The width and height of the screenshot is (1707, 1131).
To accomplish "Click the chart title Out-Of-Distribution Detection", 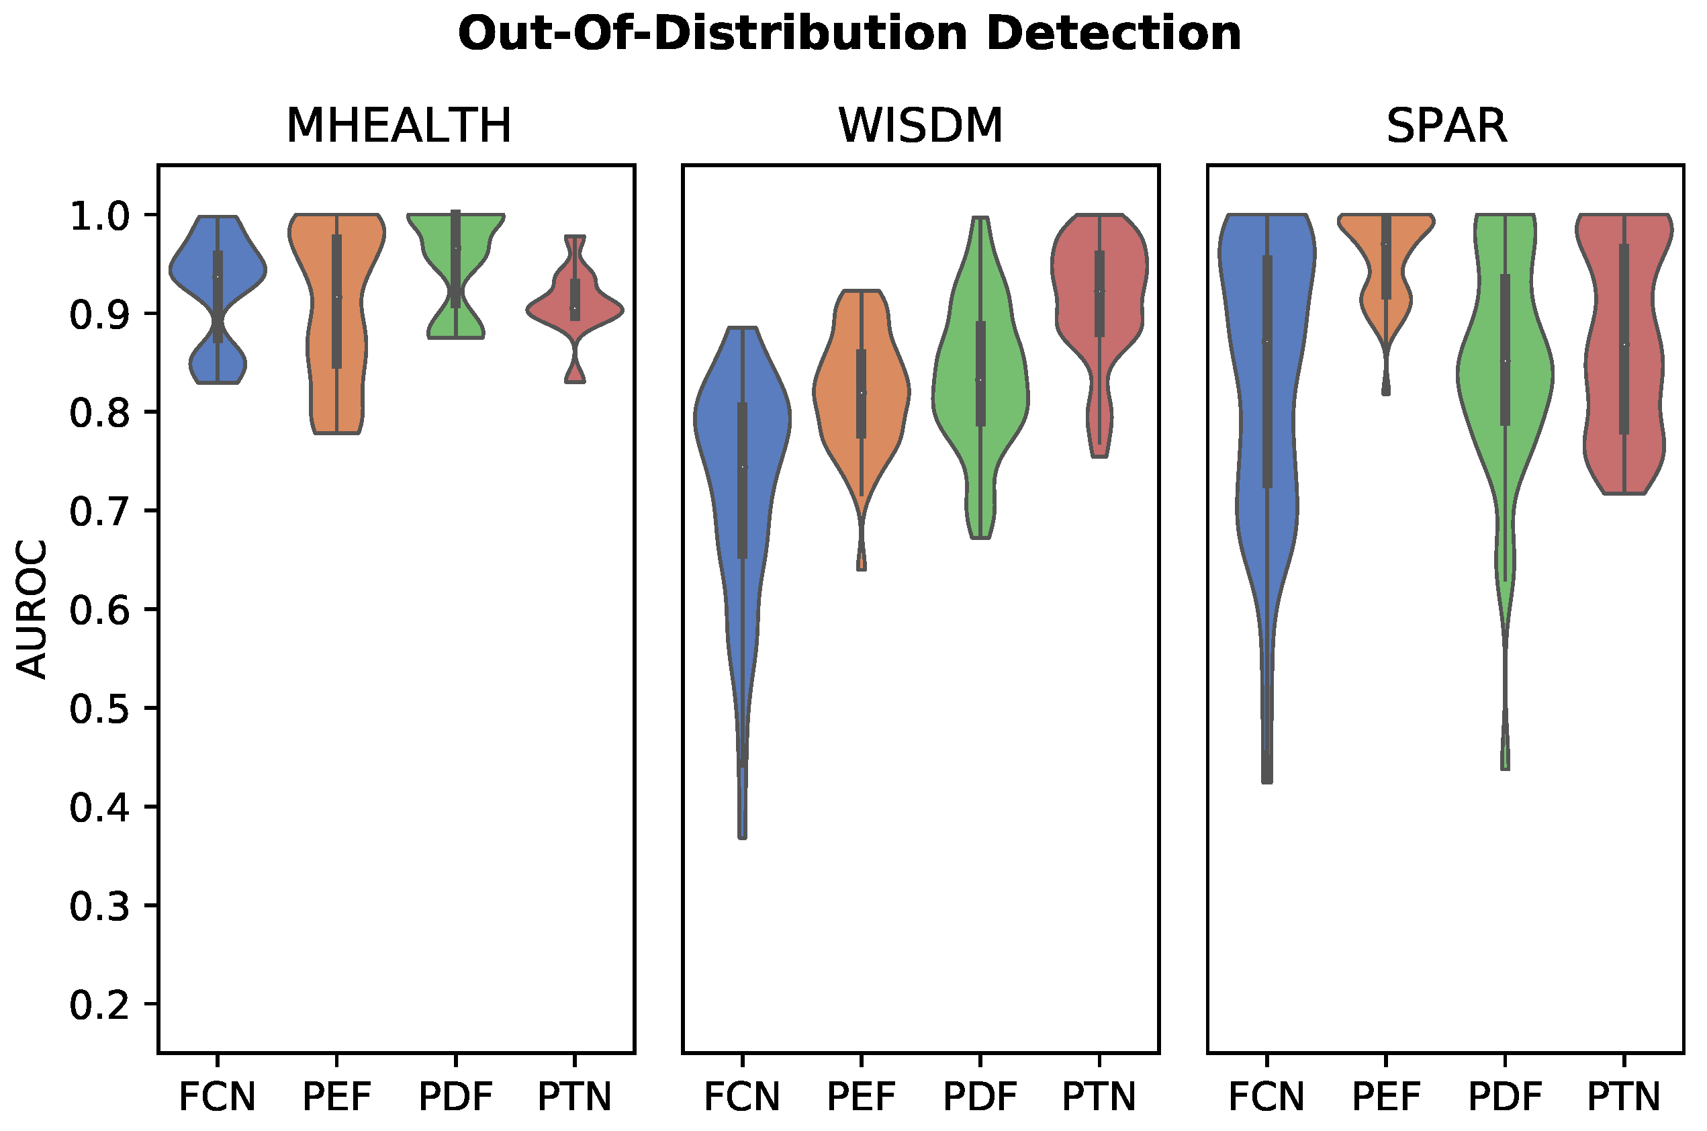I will (x=849, y=34).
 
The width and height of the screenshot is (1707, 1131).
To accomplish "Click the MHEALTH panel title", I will (x=399, y=126).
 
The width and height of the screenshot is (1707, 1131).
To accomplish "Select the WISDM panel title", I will (x=921, y=126).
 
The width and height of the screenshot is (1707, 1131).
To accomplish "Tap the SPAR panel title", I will (x=1446, y=126).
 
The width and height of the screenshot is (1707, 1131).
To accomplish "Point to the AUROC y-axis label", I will (x=32, y=610).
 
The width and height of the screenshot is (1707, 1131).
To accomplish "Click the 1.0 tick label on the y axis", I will (x=99, y=216).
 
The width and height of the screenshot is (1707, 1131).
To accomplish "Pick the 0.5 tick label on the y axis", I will (x=99, y=709).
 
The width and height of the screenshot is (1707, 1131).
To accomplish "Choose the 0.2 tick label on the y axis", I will (x=99, y=1004).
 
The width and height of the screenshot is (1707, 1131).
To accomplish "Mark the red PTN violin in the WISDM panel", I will (x=1118, y=289).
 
